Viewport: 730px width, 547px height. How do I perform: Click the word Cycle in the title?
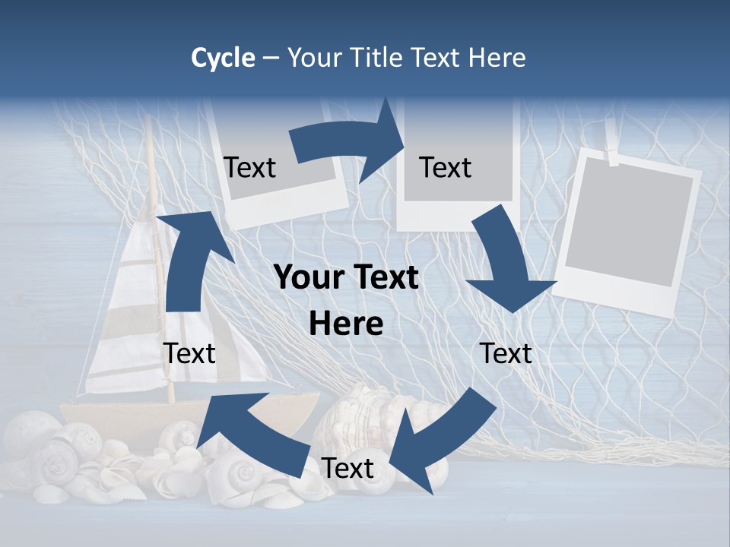pos(223,58)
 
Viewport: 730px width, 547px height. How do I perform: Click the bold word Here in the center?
pos(346,324)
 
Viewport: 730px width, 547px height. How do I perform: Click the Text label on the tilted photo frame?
pos(250,167)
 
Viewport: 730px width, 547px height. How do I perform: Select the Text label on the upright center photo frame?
pos(446,167)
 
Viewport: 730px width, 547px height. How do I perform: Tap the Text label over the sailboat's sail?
pos(189,353)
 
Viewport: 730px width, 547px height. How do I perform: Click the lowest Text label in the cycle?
pos(348,468)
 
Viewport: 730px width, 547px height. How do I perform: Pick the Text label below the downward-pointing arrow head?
pos(506,353)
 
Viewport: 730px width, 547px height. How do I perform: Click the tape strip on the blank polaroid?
pos(612,156)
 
